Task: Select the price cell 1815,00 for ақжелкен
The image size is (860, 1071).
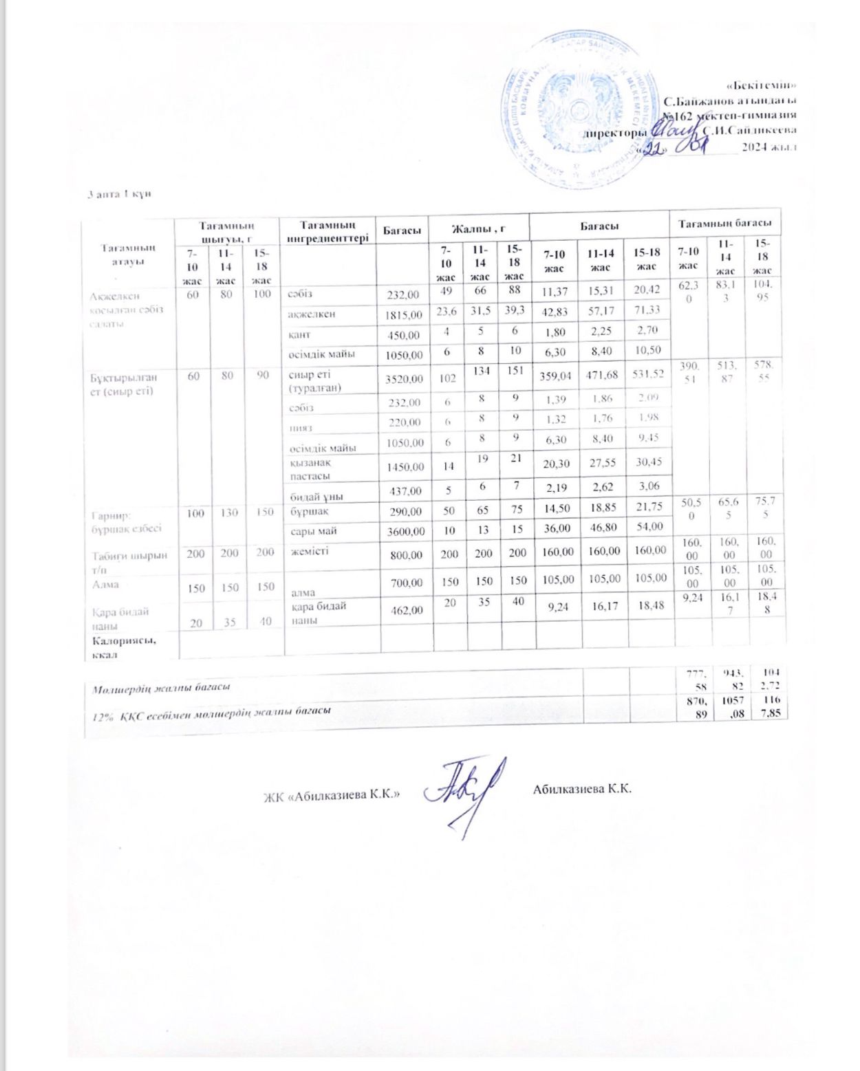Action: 404,314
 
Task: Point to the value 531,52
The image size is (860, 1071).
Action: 647,374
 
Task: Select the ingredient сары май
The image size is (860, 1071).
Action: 313,530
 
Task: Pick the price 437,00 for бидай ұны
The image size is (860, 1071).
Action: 406,492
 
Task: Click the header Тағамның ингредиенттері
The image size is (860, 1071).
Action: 327,230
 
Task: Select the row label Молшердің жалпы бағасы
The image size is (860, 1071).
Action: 161,686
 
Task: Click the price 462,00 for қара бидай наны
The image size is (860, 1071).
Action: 406,609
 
